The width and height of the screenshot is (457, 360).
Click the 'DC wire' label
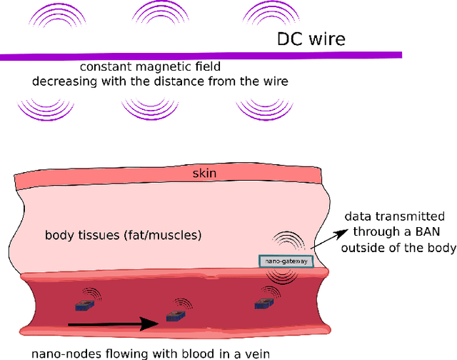(311, 39)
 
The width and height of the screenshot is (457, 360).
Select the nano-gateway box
(285, 261)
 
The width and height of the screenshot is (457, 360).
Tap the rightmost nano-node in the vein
(263, 304)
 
